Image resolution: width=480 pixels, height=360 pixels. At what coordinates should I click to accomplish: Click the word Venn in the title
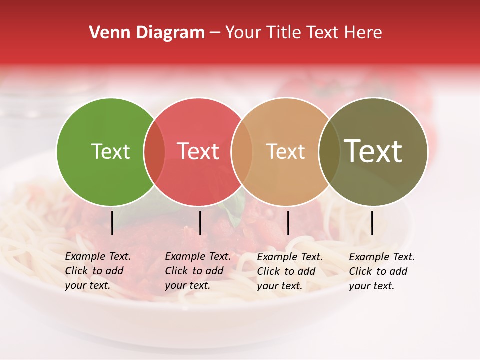pos(106,33)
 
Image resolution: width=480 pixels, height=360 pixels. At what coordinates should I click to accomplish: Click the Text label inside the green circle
pos(110,152)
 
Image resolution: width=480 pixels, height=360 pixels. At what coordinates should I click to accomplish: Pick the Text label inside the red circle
pos(198,152)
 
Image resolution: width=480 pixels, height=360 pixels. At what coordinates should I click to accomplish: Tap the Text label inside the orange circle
pos(285,152)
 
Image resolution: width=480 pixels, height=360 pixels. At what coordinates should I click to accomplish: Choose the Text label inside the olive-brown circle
pos(373,151)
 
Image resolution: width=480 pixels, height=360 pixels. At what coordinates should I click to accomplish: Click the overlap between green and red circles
pos(154,152)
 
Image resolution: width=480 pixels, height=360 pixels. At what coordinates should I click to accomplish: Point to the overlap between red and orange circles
pos(242,152)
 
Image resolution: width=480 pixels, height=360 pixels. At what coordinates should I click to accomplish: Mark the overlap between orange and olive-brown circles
pos(329,152)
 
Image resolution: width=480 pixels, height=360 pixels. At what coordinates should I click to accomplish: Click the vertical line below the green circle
pos(112,223)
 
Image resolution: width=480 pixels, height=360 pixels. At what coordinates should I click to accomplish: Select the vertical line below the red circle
pos(200,223)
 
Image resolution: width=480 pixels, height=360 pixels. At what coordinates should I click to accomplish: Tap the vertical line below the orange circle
pos(288,223)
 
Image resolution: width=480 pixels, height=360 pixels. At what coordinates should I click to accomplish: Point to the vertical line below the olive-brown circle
pos(372,223)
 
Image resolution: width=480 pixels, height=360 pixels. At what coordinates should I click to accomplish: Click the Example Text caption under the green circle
pos(97,271)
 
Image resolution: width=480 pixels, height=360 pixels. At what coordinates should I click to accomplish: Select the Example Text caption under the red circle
pos(197,271)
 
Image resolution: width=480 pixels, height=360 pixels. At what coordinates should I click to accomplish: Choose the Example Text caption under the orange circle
pos(289,271)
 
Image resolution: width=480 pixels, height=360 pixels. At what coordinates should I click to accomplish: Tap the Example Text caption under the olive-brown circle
pos(381,271)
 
